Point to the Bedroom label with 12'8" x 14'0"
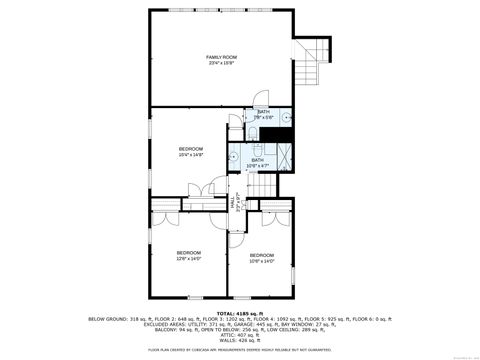tap(189, 252)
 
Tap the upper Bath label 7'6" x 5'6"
tap(264, 112)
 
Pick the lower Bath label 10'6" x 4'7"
tap(258, 160)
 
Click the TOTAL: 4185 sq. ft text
tap(239, 313)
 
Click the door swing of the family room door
tap(257, 101)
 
